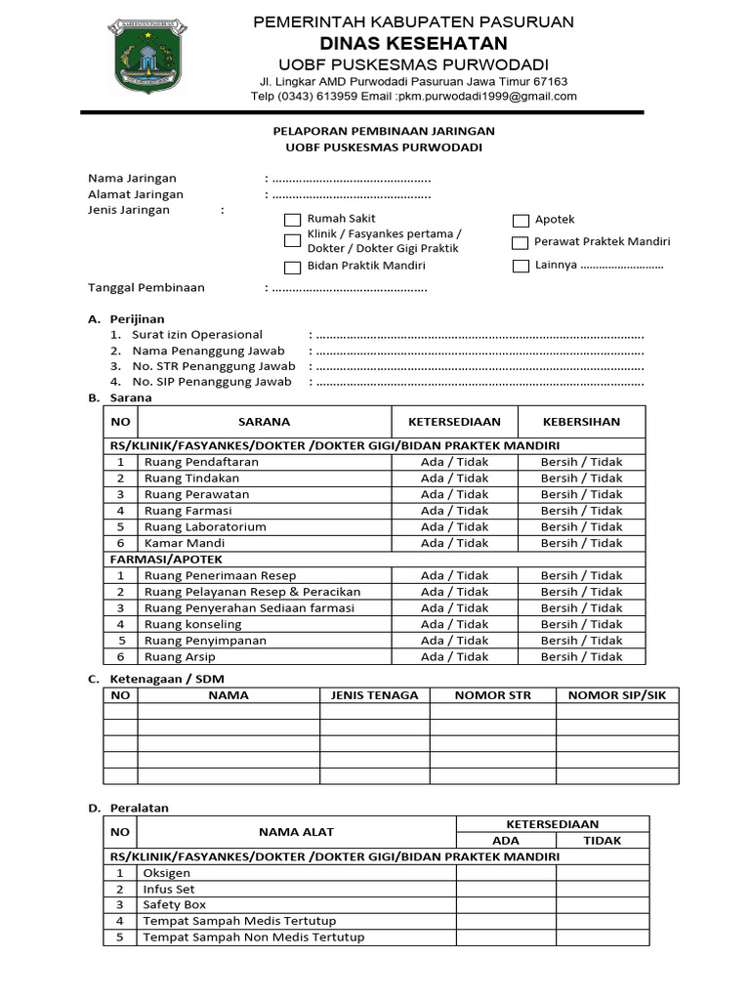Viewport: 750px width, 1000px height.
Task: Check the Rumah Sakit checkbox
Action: [292, 220]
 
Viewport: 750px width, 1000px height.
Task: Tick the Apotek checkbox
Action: [521, 221]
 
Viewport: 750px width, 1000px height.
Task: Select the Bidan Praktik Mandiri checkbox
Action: [292, 267]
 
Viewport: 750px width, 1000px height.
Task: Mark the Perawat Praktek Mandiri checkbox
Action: [521, 243]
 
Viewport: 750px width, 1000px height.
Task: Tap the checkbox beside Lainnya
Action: [521, 266]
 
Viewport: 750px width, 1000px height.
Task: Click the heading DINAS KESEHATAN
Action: [414, 43]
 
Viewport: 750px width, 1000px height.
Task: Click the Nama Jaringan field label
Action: [132, 179]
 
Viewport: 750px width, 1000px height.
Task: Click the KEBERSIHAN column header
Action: [581, 422]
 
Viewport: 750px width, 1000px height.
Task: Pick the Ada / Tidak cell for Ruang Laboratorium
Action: [454, 526]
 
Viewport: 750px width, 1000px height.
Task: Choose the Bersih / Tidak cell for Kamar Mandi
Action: [581, 543]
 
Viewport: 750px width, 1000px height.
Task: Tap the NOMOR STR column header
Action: [493, 695]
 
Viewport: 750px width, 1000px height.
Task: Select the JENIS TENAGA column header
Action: [375, 695]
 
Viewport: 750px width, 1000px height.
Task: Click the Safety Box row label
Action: [175, 905]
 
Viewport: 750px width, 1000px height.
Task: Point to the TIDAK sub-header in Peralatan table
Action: [603, 840]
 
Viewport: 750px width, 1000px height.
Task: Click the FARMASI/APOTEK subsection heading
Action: [165, 560]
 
